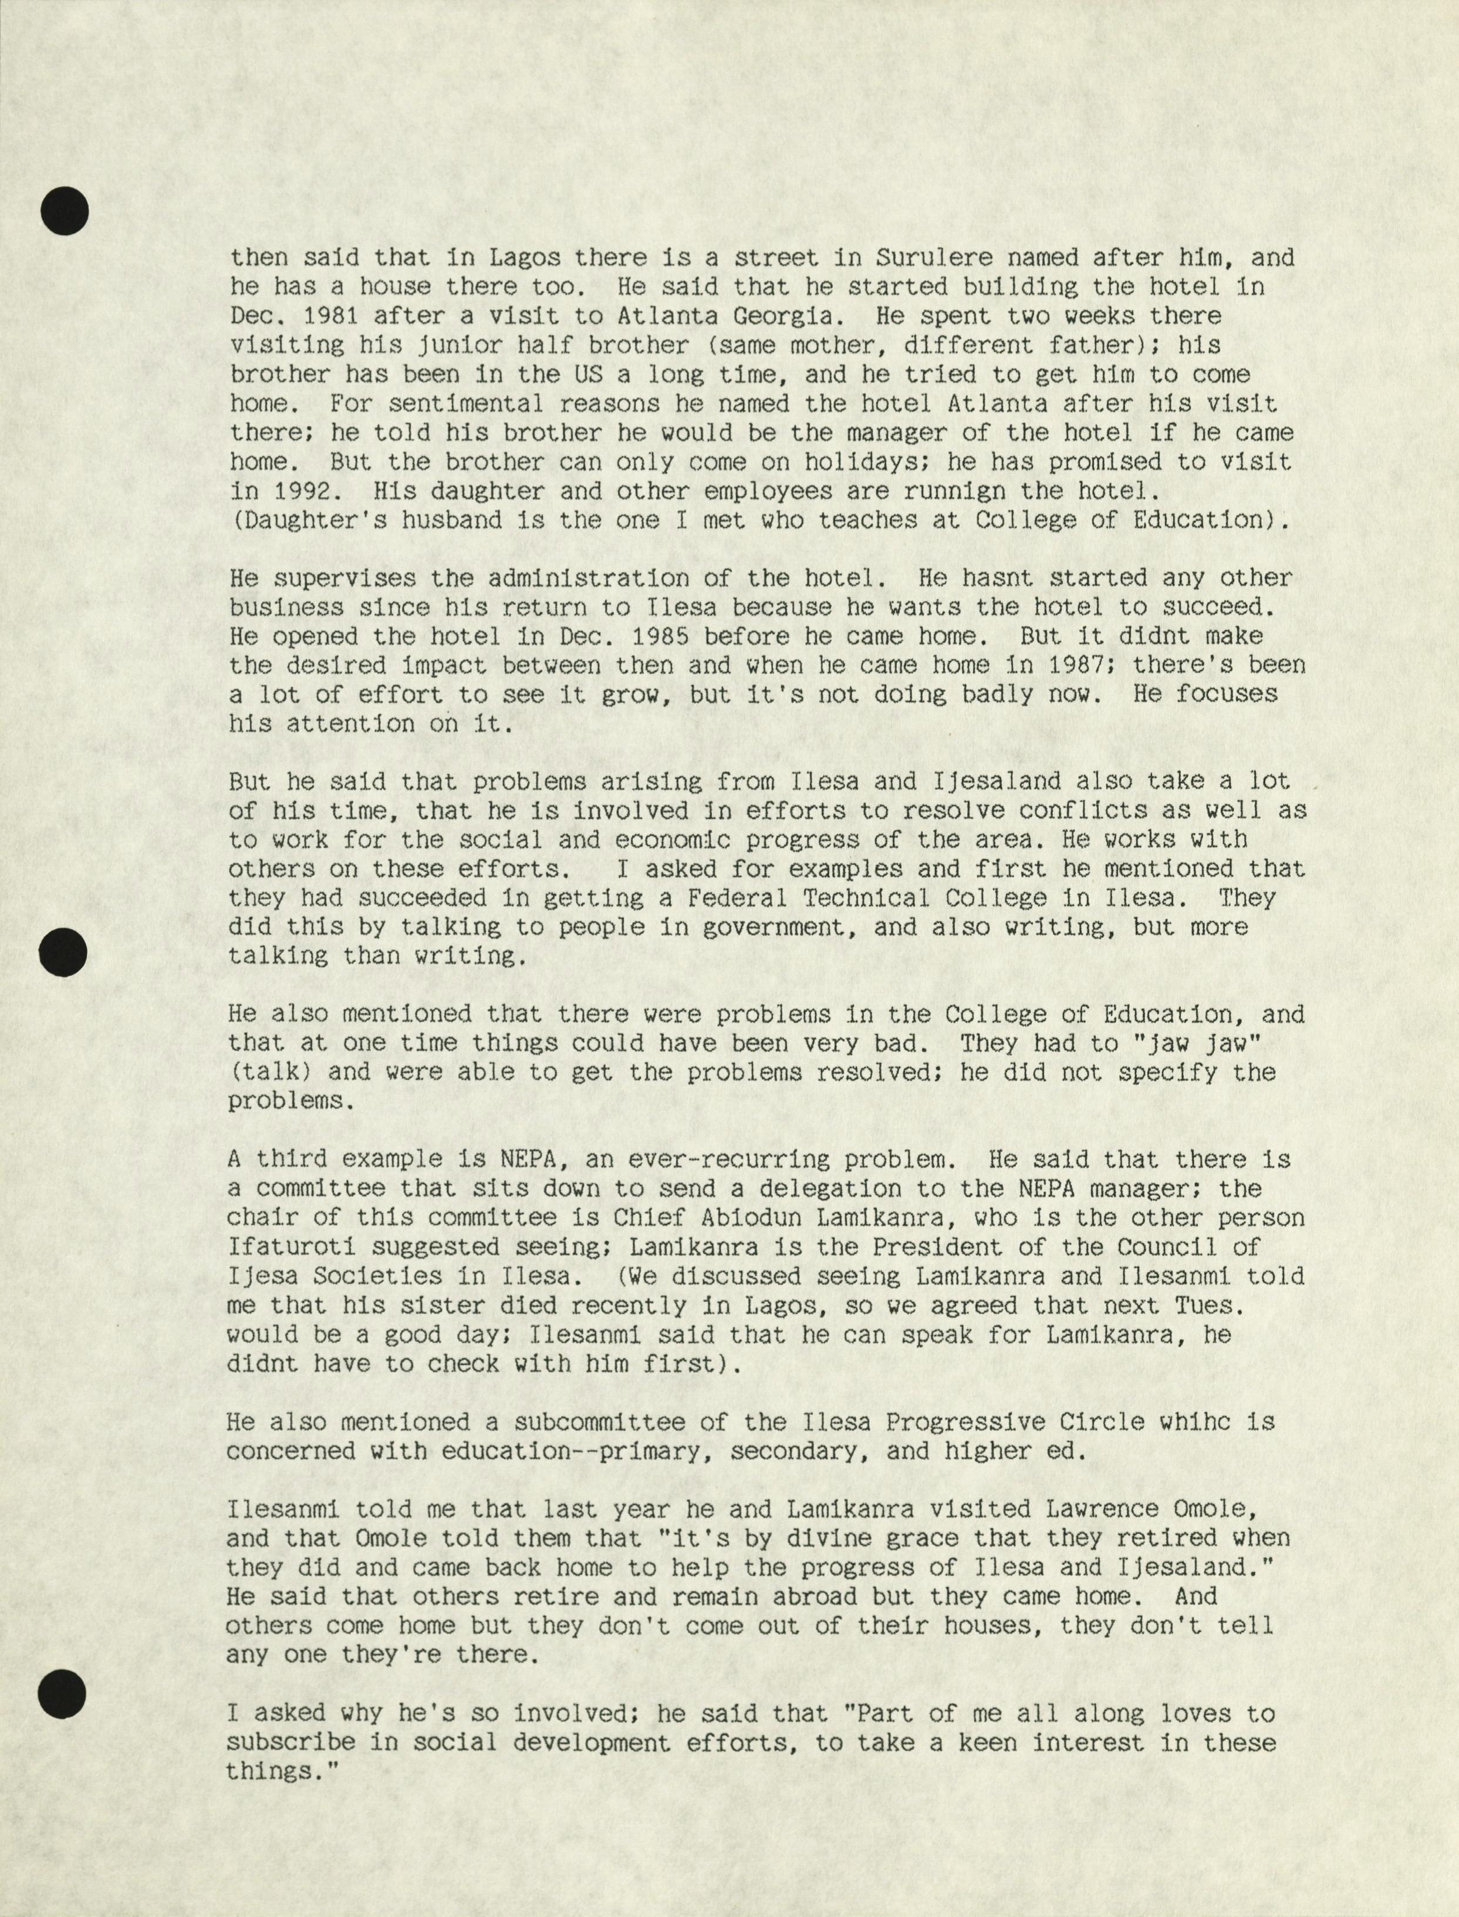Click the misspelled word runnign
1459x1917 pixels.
954,491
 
